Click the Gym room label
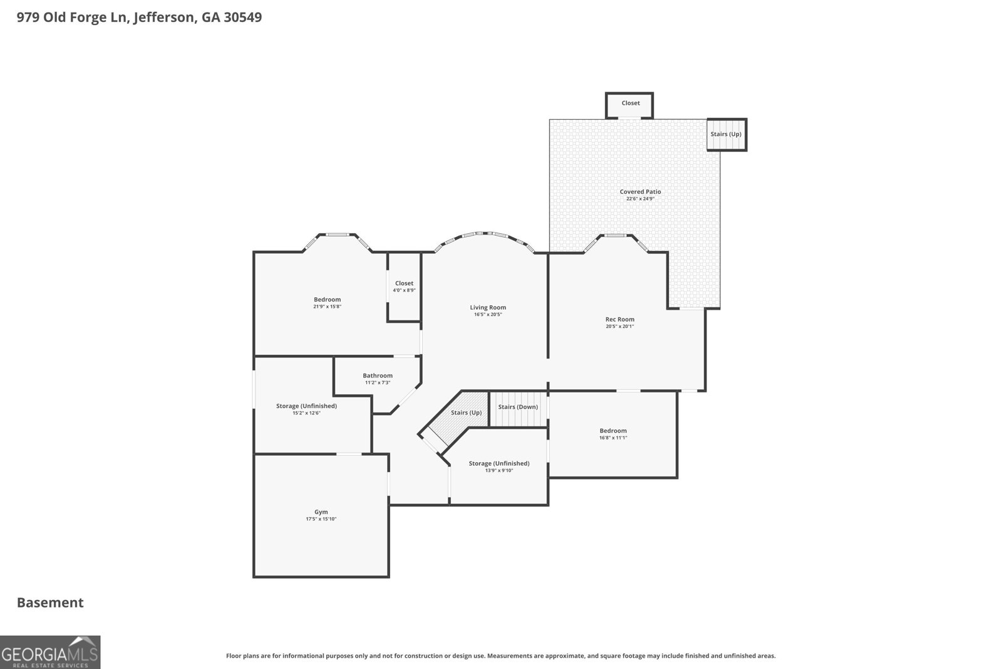(321, 512)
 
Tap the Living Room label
(488, 307)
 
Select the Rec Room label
(619, 319)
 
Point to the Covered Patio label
(640, 192)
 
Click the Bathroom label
(378, 376)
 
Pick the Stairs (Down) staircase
(519, 409)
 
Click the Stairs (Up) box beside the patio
(726, 134)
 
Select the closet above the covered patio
(629, 105)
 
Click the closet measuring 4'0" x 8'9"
(404, 287)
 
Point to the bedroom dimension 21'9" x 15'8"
(327, 307)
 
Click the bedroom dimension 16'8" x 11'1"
(613, 438)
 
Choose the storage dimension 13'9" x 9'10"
(498, 470)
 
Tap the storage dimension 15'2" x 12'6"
(306, 413)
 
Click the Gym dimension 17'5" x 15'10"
(321, 519)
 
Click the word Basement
(50, 603)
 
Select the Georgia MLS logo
(50, 652)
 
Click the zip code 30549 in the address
(242, 17)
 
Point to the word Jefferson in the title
(164, 18)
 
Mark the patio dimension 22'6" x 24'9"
(640, 199)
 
